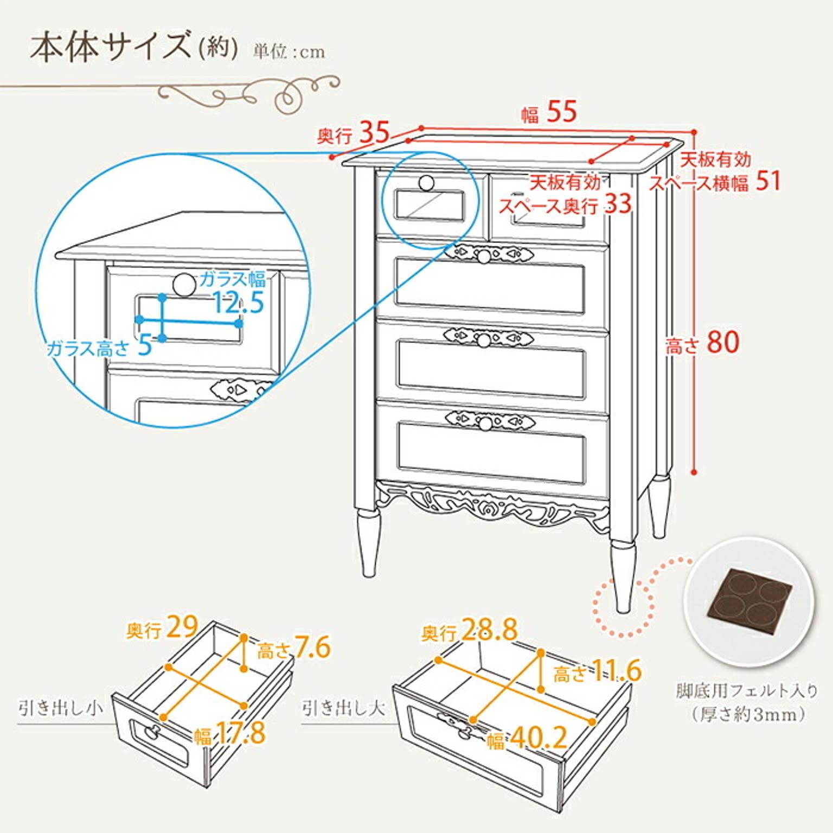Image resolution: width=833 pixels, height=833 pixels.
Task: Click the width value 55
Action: (561, 112)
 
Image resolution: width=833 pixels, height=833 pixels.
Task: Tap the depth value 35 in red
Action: (374, 132)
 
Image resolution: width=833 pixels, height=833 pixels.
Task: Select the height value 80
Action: (723, 343)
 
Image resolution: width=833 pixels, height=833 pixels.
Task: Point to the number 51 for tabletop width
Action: (768, 181)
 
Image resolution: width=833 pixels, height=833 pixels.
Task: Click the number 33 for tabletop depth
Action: (618, 204)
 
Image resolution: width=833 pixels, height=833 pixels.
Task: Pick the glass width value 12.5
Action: (239, 303)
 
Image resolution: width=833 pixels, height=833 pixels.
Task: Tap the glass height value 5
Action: (144, 345)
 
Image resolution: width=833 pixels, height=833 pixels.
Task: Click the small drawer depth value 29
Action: (182, 627)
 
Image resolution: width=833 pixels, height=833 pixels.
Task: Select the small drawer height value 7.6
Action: (313, 648)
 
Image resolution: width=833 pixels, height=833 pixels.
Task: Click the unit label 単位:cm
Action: (289, 52)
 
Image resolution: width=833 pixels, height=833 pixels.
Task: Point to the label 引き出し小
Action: (60, 708)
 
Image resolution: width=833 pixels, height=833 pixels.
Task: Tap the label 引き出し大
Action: (344, 708)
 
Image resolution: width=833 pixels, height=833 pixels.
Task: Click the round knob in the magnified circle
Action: (184, 285)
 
